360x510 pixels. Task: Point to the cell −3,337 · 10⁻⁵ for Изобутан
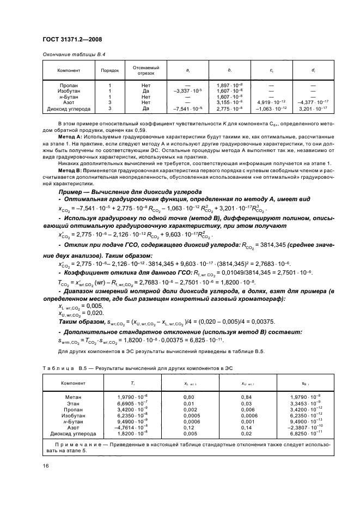point(187,91)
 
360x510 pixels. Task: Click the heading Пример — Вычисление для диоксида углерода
point(130,192)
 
